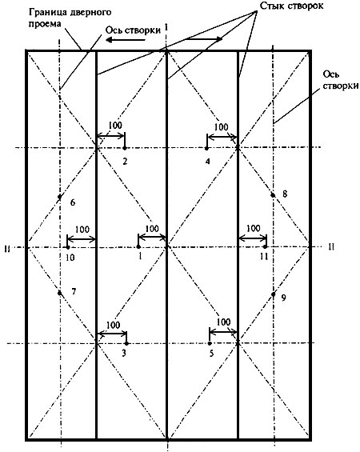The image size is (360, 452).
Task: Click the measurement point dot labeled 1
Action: coord(138,246)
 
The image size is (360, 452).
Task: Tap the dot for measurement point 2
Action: coord(125,148)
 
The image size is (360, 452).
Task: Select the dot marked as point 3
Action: coord(126,343)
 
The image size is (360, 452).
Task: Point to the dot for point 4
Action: coord(206,148)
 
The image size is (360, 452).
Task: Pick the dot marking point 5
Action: coord(210,343)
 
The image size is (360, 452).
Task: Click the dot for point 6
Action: coord(60,197)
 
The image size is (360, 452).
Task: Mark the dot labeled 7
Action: coord(60,293)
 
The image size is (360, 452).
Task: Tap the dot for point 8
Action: coord(273,195)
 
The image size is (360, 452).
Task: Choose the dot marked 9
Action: coord(274,294)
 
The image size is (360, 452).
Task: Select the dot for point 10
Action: coord(68,247)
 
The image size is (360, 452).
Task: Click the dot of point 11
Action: coord(265,246)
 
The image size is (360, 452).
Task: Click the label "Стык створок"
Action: coord(291,6)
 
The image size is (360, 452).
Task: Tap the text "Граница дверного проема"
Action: coord(70,18)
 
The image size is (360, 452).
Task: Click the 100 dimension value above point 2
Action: coord(115,126)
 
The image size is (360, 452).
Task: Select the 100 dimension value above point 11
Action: coord(254,228)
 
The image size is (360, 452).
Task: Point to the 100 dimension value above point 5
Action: coord(223,322)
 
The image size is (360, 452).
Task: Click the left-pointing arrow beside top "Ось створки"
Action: coord(125,40)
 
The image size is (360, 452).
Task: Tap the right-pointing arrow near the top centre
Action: coord(204,38)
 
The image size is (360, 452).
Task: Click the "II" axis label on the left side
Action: coord(7,249)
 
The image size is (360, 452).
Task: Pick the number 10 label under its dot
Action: coord(70,257)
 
